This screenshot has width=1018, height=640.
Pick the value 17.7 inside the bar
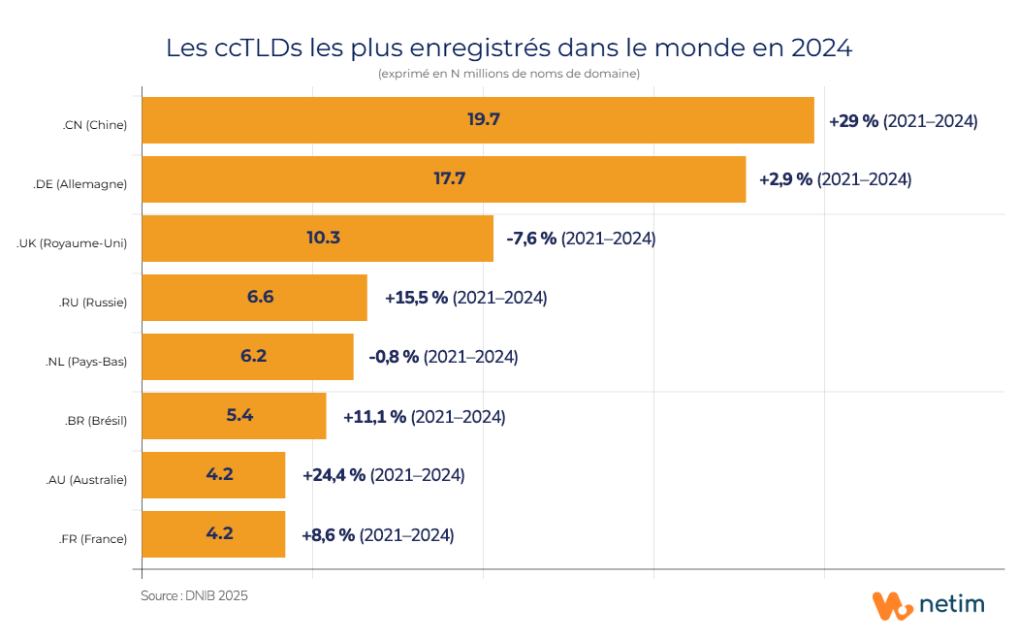[x=450, y=179]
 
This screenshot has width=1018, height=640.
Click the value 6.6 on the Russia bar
[x=260, y=297]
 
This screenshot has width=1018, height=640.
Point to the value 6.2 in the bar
[x=253, y=356]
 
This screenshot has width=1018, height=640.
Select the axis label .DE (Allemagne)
[x=80, y=184]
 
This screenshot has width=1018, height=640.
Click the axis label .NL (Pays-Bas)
[x=86, y=362]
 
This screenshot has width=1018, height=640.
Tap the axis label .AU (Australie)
[x=85, y=480]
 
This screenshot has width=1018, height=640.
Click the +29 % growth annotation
[x=853, y=121]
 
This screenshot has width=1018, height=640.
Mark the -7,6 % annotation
[x=531, y=239]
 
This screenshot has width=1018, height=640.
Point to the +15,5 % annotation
[x=416, y=298]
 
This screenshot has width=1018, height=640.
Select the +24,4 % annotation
[x=334, y=475]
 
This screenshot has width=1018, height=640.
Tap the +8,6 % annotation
[x=328, y=534]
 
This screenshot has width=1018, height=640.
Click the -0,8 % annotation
[x=394, y=357]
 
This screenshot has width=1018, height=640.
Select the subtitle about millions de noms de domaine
[x=508, y=74]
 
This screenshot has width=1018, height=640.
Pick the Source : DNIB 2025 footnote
[x=194, y=596]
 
